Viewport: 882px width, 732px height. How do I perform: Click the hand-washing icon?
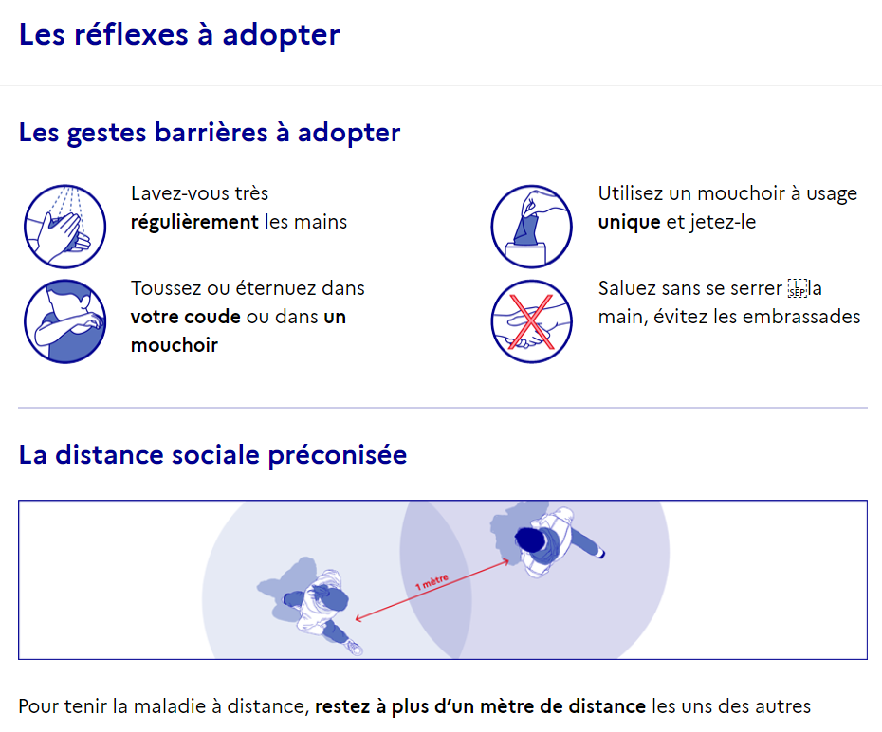point(64,226)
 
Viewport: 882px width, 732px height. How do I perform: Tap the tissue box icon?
point(531,226)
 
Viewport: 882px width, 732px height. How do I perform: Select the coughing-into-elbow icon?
point(64,321)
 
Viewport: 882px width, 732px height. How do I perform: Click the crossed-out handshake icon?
point(531,321)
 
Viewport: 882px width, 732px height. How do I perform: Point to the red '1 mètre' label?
point(432,581)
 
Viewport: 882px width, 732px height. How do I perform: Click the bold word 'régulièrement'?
point(194,223)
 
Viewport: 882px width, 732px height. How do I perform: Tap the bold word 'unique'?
point(629,223)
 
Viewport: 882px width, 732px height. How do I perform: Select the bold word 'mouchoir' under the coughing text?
point(175,344)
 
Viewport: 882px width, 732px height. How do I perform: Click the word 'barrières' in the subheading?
point(211,133)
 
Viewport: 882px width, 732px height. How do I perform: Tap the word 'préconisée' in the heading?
point(337,455)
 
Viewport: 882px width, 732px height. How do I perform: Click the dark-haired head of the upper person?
point(530,540)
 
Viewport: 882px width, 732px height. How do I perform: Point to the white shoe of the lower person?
point(355,648)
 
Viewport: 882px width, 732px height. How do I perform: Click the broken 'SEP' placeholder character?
point(797,288)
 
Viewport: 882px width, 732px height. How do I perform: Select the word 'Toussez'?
point(167,288)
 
